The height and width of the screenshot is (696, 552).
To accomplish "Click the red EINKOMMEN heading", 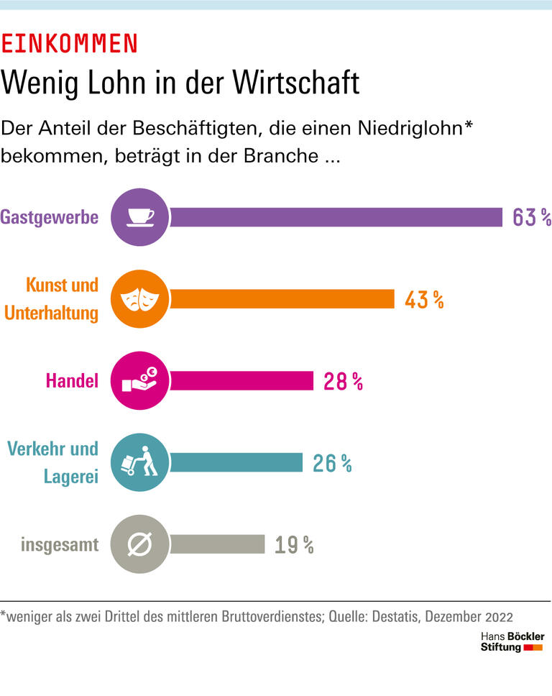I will pyautogui.click(x=69, y=44).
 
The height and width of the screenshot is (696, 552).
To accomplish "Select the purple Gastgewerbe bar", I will pyautogui.click(x=335, y=216).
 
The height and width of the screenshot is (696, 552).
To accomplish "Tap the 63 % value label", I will pyautogui.click(x=531, y=217).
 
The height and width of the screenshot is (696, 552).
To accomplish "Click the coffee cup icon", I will pyautogui.click(x=141, y=216).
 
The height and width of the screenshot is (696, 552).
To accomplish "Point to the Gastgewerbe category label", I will pyautogui.click(x=50, y=216).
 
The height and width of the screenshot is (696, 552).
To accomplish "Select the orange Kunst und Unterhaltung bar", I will pyautogui.click(x=282, y=298).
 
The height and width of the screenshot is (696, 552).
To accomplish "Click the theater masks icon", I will pyautogui.click(x=141, y=298).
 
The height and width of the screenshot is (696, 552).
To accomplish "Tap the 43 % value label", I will pyautogui.click(x=423, y=299).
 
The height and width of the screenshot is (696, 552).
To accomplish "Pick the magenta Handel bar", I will pyautogui.click(x=241, y=380).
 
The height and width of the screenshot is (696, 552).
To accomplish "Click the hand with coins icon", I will pyautogui.click(x=141, y=380).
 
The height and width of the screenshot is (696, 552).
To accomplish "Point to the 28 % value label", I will pyautogui.click(x=343, y=381).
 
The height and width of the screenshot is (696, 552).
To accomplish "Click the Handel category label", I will pyautogui.click(x=72, y=380).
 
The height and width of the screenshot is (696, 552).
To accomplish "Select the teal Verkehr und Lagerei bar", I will pyautogui.click(x=236, y=462).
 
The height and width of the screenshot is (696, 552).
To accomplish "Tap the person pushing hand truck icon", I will pyautogui.click(x=141, y=462).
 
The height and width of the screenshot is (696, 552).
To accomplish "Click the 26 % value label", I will pyautogui.click(x=332, y=463).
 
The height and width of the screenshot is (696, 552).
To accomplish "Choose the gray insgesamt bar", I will pyautogui.click(x=217, y=544).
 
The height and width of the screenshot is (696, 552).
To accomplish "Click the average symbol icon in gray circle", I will pyautogui.click(x=141, y=544).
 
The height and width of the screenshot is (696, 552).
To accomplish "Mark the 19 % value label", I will pyautogui.click(x=294, y=545).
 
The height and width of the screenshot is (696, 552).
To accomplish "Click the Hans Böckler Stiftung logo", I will pyautogui.click(x=512, y=642).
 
